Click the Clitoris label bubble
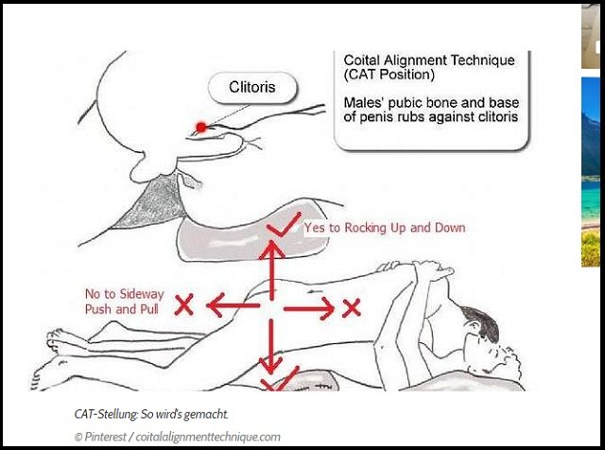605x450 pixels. [x=252, y=88]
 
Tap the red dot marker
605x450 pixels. [x=201, y=127]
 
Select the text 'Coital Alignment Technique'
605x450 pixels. [x=429, y=61]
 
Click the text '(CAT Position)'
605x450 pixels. [x=389, y=74]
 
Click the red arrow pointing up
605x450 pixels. [x=272, y=269]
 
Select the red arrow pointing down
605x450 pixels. [x=271, y=346]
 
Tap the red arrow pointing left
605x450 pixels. [x=233, y=305]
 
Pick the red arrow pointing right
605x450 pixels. [x=309, y=308]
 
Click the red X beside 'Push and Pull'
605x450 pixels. [x=183, y=304]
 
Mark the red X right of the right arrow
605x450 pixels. [x=352, y=307]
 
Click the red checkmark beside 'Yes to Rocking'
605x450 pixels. [x=284, y=225]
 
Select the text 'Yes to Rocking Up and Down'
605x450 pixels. [x=385, y=228]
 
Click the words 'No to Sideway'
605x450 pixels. [x=125, y=294]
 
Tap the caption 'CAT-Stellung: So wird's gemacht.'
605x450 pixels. [x=151, y=414]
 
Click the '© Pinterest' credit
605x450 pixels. [x=100, y=437]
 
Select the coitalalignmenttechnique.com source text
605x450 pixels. [x=208, y=437]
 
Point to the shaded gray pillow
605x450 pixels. [x=252, y=234]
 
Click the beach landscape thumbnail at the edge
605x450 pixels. [x=591, y=172]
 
